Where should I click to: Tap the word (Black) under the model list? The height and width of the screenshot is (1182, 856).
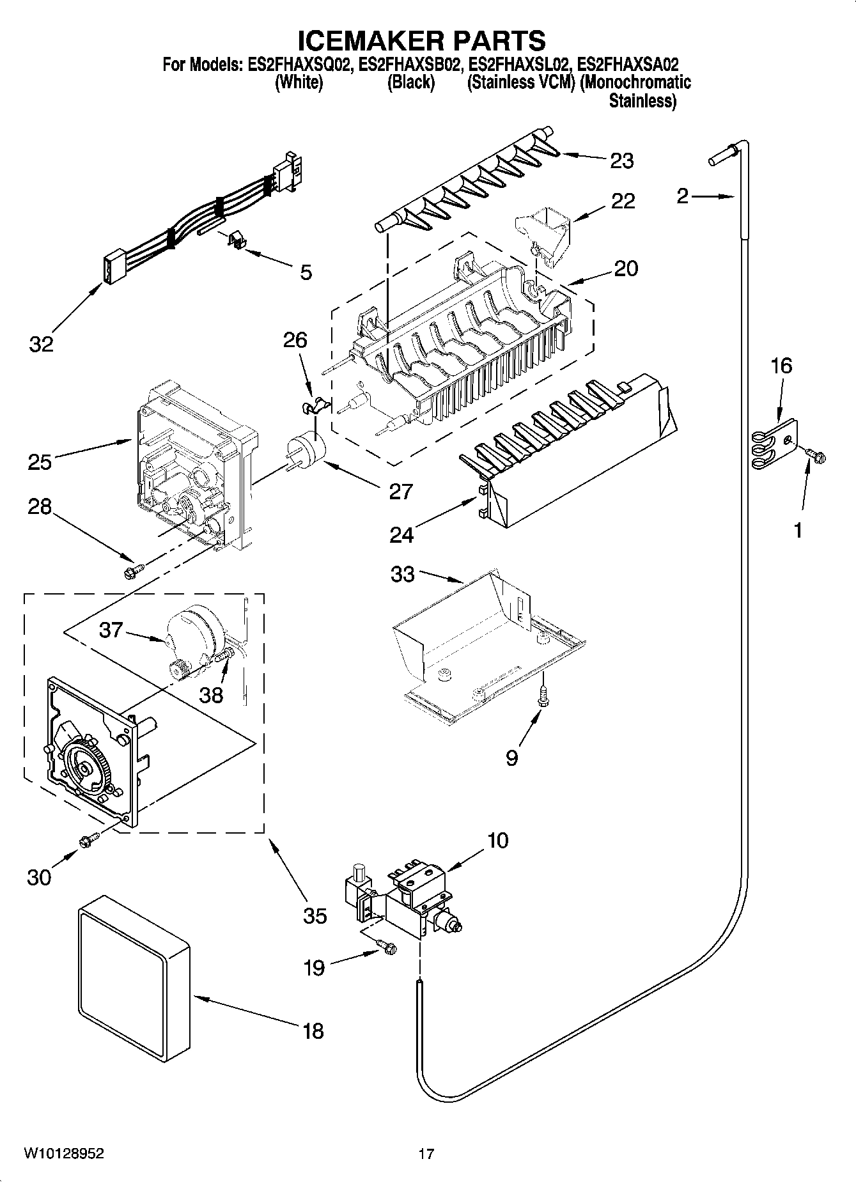pyautogui.click(x=412, y=82)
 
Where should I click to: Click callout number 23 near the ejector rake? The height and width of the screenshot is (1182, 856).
pyautogui.click(x=621, y=160)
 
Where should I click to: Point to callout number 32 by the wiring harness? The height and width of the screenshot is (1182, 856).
pyautogui.click(x=42, y=345)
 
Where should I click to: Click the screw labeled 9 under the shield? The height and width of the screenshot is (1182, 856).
pyautogui.click(x=544, y=696)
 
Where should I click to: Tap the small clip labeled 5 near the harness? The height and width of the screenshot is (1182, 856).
pyautogui.click(x=238, y=241)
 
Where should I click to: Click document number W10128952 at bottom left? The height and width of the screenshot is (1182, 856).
pyautogui.click(x=64, y=1153)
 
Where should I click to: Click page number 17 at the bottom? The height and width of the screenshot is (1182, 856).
pyautogui.click(x=426, y=1154)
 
